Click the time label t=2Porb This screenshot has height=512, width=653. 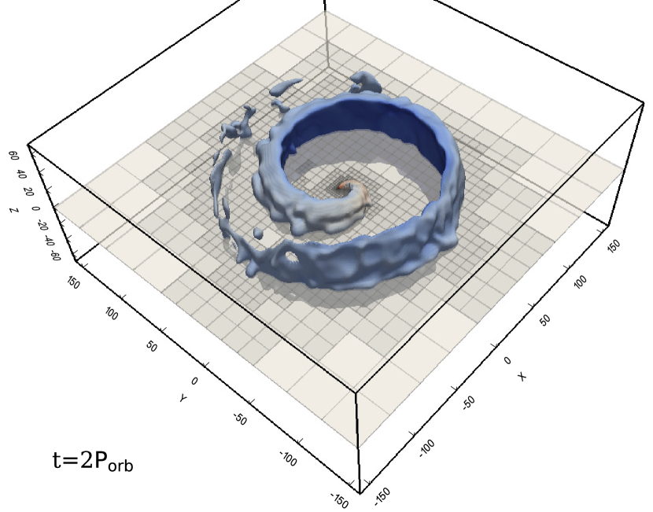[93, 460]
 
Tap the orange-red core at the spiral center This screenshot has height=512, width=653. [341, 187]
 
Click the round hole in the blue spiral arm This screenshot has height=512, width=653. [290, 256]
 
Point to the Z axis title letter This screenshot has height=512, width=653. [13, 209]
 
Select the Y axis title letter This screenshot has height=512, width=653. [183, 399]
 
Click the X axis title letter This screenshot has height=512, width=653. [522, 377]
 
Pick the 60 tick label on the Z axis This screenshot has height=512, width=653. [13, 156]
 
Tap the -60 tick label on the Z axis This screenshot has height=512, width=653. [55, 255]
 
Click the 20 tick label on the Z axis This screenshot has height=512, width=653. [28, 192]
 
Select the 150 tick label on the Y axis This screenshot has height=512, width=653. [72, 283]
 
